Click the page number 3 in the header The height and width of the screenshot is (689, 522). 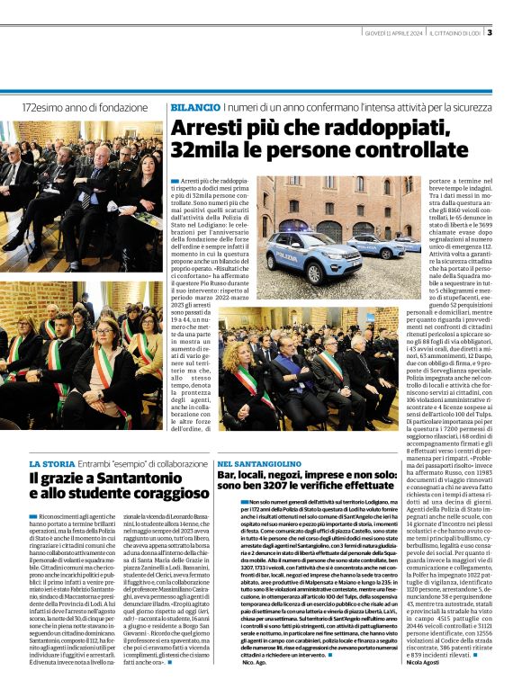pos(489,33)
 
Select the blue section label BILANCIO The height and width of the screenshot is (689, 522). pos(194,107)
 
